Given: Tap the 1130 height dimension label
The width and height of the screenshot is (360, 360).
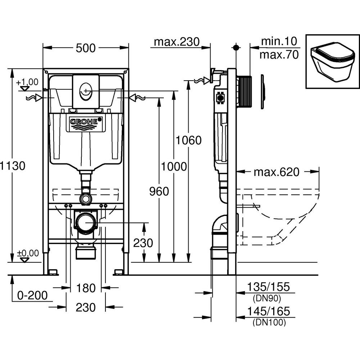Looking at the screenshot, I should (13, 166).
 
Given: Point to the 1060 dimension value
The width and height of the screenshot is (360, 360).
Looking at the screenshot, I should (188, 140).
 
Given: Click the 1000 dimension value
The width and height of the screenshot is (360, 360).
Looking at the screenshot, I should (174, 166).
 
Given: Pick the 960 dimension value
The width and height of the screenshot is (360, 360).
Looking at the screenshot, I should (159, 192).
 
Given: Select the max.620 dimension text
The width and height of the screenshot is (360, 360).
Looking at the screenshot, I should (276, 172).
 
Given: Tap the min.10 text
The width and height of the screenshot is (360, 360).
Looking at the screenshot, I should (280, 41).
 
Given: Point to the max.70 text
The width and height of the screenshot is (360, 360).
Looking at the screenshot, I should (280, 55).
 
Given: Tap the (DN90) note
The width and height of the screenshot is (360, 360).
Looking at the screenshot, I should (266, 298).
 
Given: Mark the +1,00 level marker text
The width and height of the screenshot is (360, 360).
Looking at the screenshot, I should (27, 82).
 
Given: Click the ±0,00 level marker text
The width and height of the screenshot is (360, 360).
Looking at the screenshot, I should (27, 253).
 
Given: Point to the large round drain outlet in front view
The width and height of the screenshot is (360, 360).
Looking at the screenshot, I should (86, 224).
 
